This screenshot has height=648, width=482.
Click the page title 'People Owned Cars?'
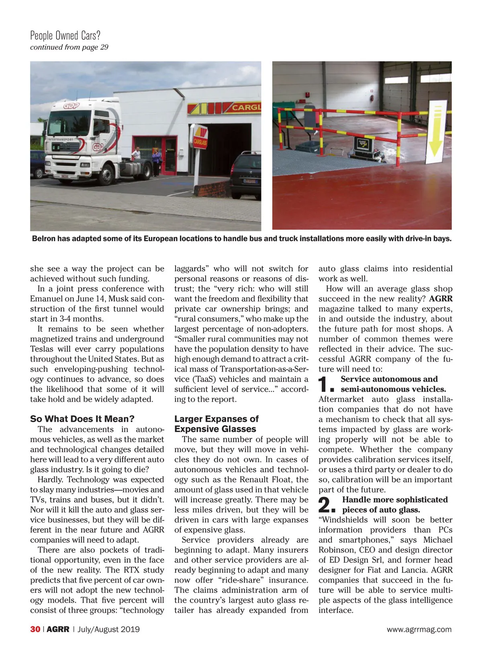65,36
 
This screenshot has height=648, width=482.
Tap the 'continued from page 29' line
69,47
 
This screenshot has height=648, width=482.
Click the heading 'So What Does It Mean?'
82,419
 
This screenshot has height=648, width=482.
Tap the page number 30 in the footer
35,629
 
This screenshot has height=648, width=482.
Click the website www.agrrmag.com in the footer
419,630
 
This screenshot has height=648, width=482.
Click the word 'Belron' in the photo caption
44,239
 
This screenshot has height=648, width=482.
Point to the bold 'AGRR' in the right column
441,299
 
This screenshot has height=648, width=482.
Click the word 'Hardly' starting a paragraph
50,480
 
